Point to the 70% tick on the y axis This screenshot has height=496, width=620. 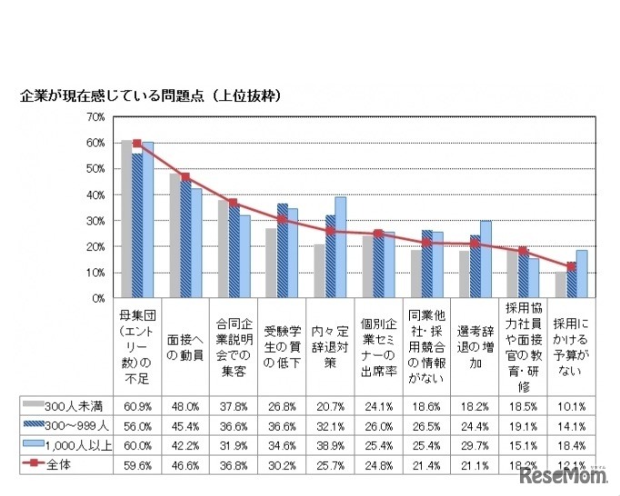pyautogui.click(x=95, y=117)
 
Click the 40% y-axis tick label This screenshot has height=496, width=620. pyautogui.click(x=95, y=195)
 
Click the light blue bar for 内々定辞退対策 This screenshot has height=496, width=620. pyautogui.click(x=340, y=247)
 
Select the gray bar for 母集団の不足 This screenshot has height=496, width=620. pyautogui.click(x=126, y=219)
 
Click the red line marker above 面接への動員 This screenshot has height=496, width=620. pyautogui.click(x=185, y=177)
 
